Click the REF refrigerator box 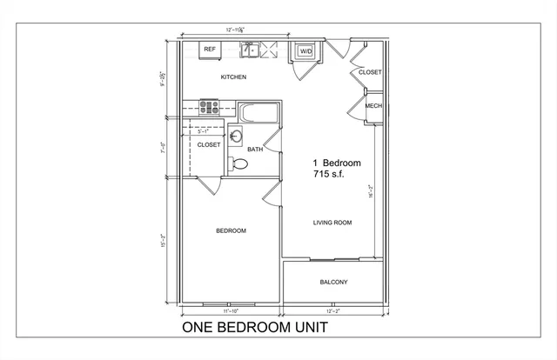tap(210, 50)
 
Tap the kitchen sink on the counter tap(251, 50)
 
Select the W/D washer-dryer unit tap(305, 51)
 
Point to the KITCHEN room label tap(233, 77)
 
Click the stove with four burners tap(210, 108)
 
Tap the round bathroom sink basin tap(237, 136)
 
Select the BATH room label tap(255, 150)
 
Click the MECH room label tap(373, 106)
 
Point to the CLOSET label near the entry tap(370, 72)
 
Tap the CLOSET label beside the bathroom tap(208, 145)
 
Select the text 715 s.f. tap(331, 175)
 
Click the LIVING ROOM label tap(332, 223)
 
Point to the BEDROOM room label tap(231, 230)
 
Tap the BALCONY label tap(332, 282)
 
